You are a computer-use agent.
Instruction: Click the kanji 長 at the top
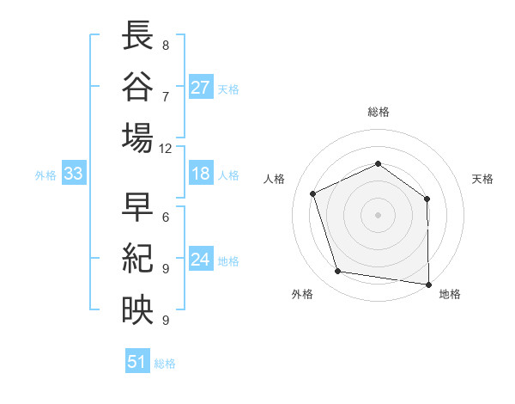pos(137,37)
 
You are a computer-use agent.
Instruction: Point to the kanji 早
pos(137,209)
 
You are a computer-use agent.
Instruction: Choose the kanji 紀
pos(137,259)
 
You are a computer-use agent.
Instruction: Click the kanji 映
pos(137,309)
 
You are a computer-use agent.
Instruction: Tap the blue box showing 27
pos(201,88)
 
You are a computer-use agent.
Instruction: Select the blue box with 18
pos(201,174)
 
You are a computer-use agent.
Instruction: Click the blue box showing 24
pos(201,260)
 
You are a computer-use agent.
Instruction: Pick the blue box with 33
pos(73,174)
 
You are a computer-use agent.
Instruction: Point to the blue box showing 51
pos(136,362)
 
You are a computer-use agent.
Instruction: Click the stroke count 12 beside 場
pos(165,148)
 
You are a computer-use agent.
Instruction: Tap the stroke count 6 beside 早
pos(165,217)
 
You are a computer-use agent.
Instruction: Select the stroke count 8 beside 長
pos(165,45)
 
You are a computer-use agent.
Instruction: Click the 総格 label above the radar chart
pos(379,112)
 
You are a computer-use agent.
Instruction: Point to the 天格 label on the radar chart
pos(482,179)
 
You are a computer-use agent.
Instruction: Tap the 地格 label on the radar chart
pos(450,294)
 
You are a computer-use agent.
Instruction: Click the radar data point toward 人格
pos(314,193)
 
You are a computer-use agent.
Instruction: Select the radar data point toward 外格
pos(338,272)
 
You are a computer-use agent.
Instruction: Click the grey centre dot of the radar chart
pos(379,215)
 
